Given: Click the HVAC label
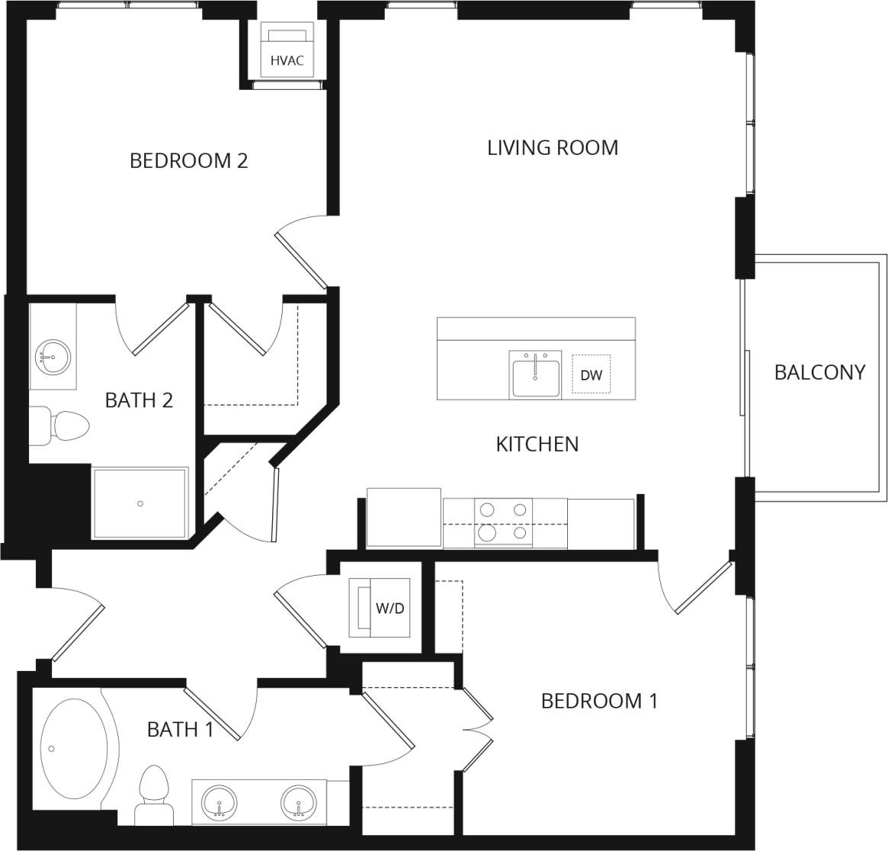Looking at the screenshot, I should point(287,60).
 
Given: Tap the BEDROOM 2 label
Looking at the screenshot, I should point(188,161).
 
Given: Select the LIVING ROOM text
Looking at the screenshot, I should point(553,147).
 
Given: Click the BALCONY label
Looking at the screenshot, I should point(819,372).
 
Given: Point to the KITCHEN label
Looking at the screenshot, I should point(537,444).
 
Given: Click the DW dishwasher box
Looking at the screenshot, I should point(591,374).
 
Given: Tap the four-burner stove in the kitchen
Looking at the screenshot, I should point(503,522).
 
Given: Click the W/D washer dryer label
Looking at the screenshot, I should point(390,609).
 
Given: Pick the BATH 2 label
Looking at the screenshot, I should point(139,400).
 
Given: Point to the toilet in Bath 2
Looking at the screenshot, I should point(61,426).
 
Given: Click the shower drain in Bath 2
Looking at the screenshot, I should point(140,503).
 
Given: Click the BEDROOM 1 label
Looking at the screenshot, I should point(599,701).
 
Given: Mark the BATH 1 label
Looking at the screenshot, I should point(180,730).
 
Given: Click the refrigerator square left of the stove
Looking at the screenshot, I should point(403,518).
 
